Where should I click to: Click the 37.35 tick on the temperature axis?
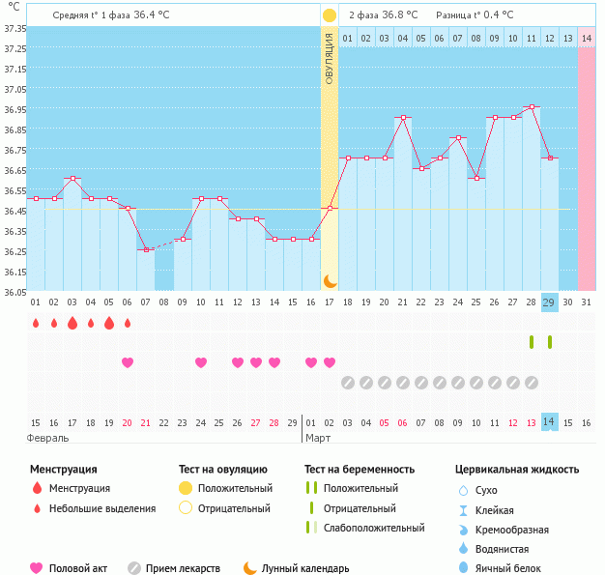(14, 29)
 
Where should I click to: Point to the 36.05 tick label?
(14, 293)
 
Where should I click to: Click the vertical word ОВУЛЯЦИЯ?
(330, 60)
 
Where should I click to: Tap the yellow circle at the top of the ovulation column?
(330, 15)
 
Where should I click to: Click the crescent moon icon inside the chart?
(330, 280)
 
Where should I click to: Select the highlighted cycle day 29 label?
(550, 302)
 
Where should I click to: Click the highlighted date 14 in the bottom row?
(550, 422)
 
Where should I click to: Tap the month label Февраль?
(48, 438)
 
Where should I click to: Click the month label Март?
(319, 438)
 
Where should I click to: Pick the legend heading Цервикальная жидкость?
(517, 470)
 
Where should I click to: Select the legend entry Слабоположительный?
(374, 528)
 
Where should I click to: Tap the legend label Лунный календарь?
(307, 568)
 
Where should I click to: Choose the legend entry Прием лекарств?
(183, 568)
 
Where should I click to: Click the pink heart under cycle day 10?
(201, 362)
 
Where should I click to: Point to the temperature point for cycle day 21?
(403, 118)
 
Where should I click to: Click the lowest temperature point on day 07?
(146, 249)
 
